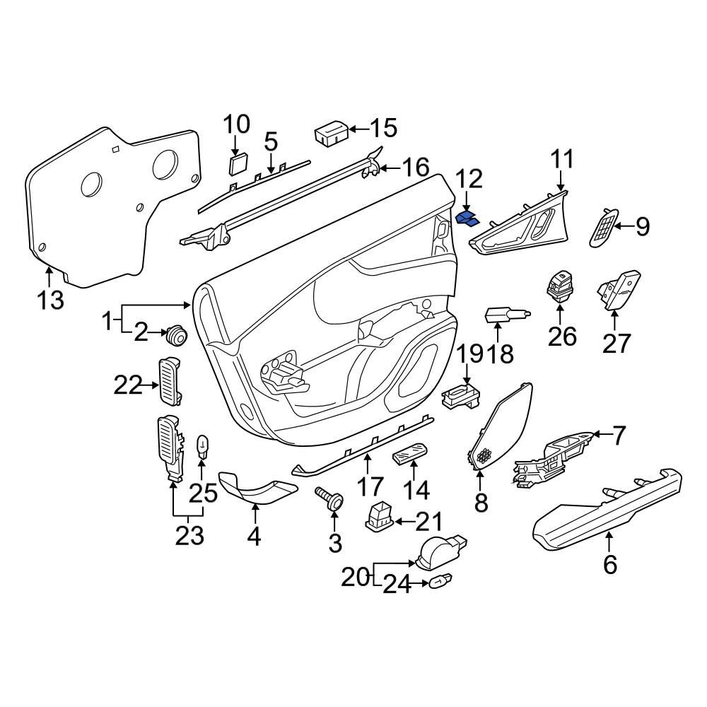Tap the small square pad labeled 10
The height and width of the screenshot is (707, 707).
point(238,164)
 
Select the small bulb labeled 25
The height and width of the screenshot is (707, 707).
point(201,447)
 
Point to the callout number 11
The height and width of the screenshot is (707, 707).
point(563,159)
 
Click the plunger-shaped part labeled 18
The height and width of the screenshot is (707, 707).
point(503,314)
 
